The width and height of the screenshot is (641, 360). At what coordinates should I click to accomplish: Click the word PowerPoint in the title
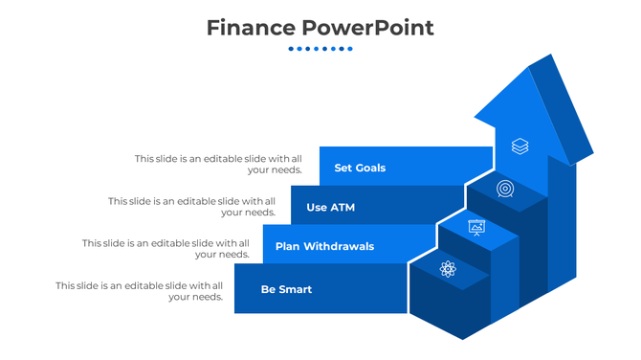click(367, 28)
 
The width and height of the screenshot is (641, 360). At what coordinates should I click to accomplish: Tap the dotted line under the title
click(320, 49)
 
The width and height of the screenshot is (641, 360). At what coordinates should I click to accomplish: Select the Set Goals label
click(360, 168)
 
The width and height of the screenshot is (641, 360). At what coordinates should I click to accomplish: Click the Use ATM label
click(330, 207)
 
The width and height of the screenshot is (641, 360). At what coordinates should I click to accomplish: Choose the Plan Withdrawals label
click(324, 246)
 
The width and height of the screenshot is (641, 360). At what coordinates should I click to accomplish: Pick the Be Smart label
click(286, 289)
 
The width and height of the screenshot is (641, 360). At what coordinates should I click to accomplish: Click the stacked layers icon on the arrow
click(519, 146)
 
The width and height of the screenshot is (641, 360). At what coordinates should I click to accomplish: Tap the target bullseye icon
click(505, 189)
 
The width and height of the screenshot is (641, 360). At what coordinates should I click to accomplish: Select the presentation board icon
click(476, 227)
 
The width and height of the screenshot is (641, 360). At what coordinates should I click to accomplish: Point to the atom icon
click(448, 269)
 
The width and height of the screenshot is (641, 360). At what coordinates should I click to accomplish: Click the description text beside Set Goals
click(218, 164)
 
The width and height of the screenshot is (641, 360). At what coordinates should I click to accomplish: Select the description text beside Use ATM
click(191, 207)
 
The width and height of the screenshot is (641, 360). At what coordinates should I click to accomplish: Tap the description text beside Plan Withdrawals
click(166, 249)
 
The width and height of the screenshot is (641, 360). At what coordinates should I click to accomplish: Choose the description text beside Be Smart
click(139, 291)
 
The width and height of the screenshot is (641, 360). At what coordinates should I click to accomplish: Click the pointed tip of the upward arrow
click(529, 71)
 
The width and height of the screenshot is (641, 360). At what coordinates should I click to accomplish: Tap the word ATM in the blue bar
click(342, 207)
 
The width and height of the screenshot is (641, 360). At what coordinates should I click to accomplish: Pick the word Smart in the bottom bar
click(296, 289)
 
